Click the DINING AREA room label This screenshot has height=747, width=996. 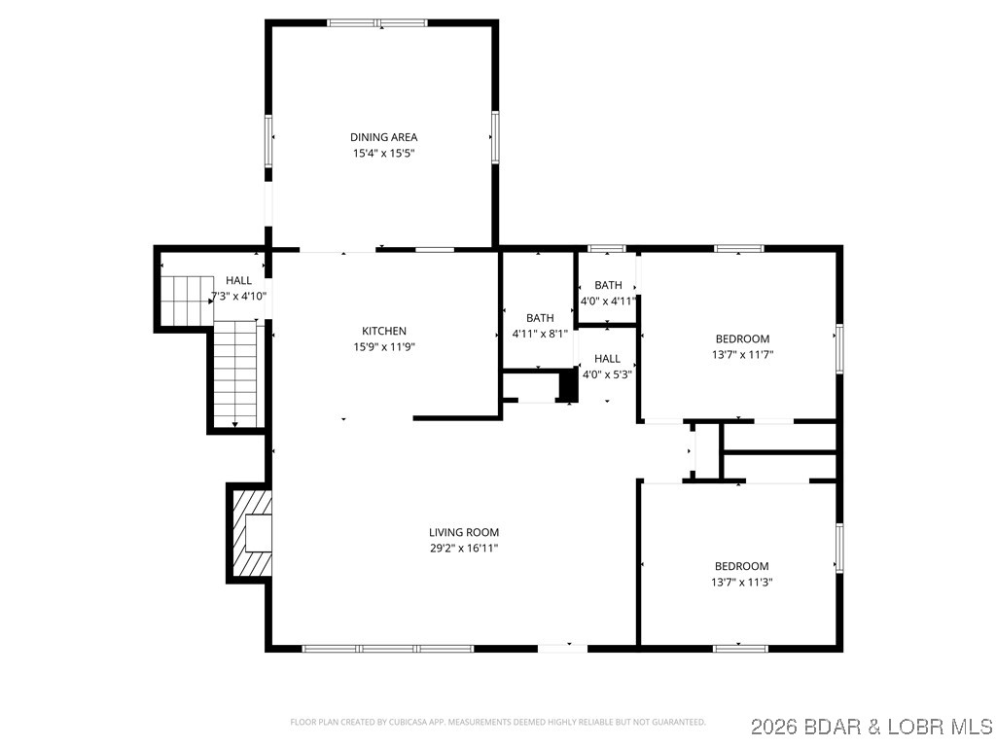click(x=383, y=137)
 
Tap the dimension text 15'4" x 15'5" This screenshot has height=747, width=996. click(x=383, y=153)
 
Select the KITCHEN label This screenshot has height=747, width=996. click(x=383, y=331)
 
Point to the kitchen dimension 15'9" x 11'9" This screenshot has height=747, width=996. click(x=383, y=346)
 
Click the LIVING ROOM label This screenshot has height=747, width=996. click(x=464, y=532)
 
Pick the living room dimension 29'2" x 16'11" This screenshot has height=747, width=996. click(x=464, y=548)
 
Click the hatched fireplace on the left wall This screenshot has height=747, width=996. click(x=250, y=533)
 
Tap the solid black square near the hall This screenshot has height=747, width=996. click(x=568, y=385)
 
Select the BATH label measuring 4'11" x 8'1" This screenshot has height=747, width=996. click(x=540, y=318)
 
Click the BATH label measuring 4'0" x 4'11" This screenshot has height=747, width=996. click(x=608, y=285)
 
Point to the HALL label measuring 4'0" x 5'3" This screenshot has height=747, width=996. click(x=607, y=359)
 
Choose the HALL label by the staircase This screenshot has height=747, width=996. click(x=238, y=280)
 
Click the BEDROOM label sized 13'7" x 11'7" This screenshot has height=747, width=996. click(x=742, y=338)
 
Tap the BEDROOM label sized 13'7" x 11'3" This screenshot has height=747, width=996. click(x=741, y=566)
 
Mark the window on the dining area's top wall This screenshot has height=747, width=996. click(x=377, y=22)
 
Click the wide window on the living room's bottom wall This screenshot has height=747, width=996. click(x=388, y=648)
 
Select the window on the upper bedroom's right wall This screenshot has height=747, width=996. click(x=839, y=348)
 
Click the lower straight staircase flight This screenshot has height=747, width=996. click(x=235, y=374)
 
